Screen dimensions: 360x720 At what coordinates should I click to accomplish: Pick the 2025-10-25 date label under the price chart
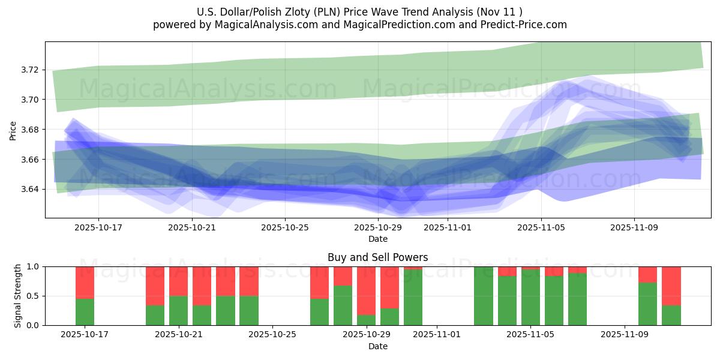tap(284, 227)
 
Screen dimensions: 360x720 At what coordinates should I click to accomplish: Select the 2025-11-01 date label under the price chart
tap(448, 227)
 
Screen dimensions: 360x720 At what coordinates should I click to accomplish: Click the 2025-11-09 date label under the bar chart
tap(625, 335)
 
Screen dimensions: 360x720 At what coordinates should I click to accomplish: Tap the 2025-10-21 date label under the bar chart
tap(178, 335)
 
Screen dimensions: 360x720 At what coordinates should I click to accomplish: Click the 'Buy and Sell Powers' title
tap(377, 257)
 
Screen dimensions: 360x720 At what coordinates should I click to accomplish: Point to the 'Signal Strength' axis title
tap(18, 296)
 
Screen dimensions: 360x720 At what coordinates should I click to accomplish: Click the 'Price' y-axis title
tap(13, 130)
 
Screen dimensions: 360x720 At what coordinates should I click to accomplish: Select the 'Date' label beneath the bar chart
tap(377, 346)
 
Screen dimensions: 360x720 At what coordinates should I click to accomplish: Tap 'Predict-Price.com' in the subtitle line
tap(526, 25)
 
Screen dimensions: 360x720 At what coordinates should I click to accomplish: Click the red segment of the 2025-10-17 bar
tap(85, 282)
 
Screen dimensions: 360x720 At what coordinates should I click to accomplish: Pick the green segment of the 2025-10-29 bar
tap(366, 320)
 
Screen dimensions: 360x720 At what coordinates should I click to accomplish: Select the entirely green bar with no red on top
tap(484, 296)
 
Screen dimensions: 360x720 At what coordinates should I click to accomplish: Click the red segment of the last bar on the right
tap(671, 286)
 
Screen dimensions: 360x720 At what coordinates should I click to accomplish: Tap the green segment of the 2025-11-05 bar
tap(530, 298)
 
